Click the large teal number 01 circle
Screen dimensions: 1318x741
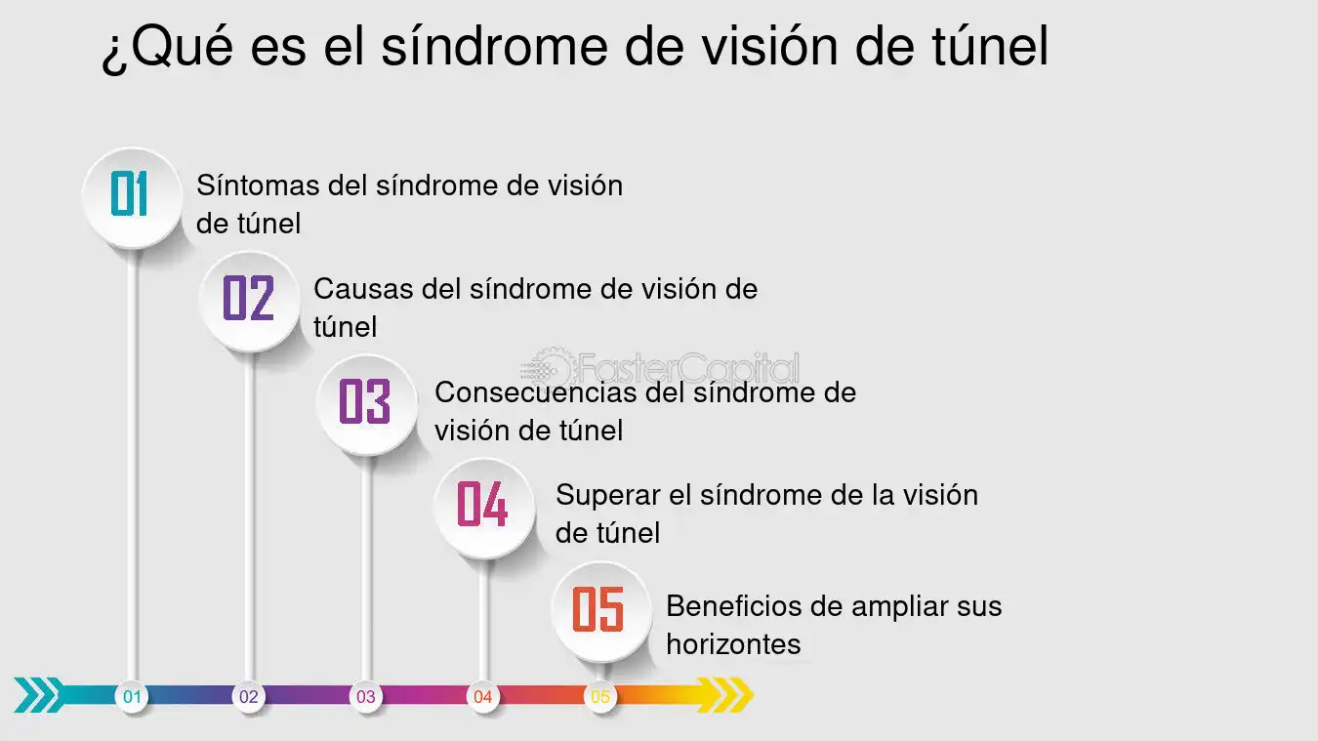coord(133,198)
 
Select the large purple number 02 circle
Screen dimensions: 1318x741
coord(250,302)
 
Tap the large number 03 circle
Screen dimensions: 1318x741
coord(366,405)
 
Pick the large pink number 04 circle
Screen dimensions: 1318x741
coord(484,509)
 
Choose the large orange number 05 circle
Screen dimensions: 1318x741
coord(601,612)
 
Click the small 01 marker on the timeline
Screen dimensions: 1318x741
coord(132,697)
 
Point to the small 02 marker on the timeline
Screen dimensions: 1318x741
coord(249,697)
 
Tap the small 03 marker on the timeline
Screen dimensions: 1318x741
coord(366,697)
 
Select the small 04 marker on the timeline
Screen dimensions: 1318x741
coord(483,697)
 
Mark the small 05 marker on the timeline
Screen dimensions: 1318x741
coord(600,697)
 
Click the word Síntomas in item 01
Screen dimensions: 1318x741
coord(258,185)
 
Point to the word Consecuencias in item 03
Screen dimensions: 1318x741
coord(535,392)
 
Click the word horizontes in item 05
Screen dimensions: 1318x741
coord(734,644)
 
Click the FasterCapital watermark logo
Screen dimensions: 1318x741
coord(660,368)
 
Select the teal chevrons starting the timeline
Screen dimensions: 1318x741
coord(39,695)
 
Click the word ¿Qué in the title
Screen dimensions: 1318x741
coord(168,47)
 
